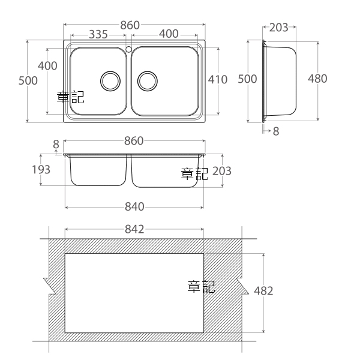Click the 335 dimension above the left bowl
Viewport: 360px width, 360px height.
tap(98, 34)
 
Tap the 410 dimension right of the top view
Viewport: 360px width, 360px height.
tap(218, 79)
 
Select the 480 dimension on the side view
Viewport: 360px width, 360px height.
tap(317, 79)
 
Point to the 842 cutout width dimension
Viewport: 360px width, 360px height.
tap(134, 229)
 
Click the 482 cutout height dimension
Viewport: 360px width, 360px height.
tap(263, 290)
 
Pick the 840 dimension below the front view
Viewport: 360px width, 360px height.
tap(134, 206)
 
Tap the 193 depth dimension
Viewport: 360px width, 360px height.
tap(41, 170)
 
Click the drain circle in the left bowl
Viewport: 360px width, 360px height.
tap(110, 81)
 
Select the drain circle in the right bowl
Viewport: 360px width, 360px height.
tap(148, 81)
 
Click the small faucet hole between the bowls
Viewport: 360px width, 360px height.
tap(128, 49)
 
